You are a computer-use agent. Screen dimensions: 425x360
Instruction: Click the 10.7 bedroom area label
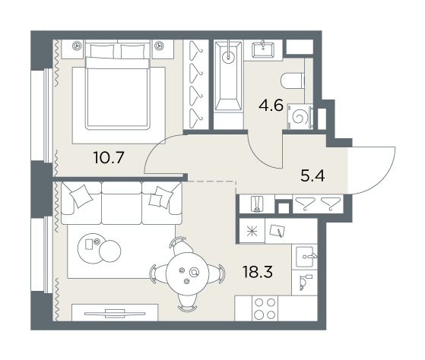point(109,157)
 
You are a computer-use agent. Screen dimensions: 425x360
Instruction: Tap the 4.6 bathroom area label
point(271,106)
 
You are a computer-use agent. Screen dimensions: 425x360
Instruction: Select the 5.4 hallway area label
point(312,175)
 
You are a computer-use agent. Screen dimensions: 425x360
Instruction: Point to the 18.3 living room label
point(258,272)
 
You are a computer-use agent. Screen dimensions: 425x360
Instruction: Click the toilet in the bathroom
point(293,81)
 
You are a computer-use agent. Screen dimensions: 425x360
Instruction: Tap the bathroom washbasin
point(263,50)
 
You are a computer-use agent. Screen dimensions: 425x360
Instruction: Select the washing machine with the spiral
point(300,117)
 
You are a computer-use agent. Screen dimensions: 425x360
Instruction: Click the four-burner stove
point(265,308)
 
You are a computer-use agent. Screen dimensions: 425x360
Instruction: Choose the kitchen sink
point(306,257)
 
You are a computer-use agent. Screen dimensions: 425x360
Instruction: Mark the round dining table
point(187,273)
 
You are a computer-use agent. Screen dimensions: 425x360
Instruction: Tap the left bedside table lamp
point(78,46)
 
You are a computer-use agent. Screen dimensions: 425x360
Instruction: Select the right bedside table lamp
point(159,46)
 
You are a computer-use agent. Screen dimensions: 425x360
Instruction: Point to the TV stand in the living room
point(115,313)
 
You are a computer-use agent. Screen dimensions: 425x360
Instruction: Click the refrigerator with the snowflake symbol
point(252,232)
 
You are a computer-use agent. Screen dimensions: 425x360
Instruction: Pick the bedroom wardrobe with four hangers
point(196,85)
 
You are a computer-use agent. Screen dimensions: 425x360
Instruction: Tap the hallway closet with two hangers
point(318,204)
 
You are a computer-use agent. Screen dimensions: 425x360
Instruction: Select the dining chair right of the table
point(217,273)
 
